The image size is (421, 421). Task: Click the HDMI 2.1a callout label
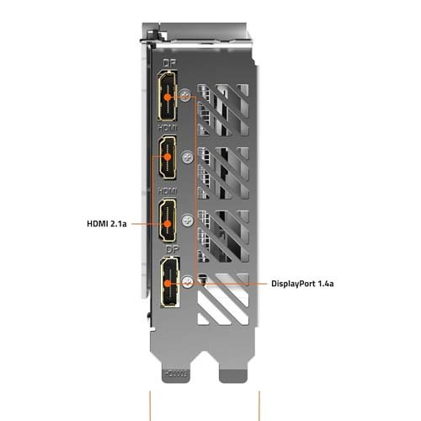coord(107,224)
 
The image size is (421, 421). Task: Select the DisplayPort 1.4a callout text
coord(302,284)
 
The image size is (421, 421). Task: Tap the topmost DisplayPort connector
coord(168,95)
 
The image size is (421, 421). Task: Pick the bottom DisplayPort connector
coord(170,282)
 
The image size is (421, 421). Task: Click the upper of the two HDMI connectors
coord(168,157)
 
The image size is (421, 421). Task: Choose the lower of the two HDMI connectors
coord(168,220)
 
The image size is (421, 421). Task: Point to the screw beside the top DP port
coord(185,94)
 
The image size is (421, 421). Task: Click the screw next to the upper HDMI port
coord(188,157)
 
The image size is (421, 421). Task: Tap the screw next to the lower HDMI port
coord(187,221)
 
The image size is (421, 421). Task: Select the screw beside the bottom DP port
coord(188,281)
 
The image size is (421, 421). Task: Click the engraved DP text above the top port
coord(169,63)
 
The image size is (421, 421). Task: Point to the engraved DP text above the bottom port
coord(173,250)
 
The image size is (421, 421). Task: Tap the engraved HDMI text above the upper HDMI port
coord(168,128)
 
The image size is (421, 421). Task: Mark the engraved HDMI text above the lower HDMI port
coord(168,191)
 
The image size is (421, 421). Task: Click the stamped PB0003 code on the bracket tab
coord(177,374)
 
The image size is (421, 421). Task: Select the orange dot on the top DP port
coord(168,98)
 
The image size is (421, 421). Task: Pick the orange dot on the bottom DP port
coord(168,284)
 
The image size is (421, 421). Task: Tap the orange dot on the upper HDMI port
coord(168,157)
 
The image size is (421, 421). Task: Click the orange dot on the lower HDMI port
coord(168,224)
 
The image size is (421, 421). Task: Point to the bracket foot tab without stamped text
coord(233,376)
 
